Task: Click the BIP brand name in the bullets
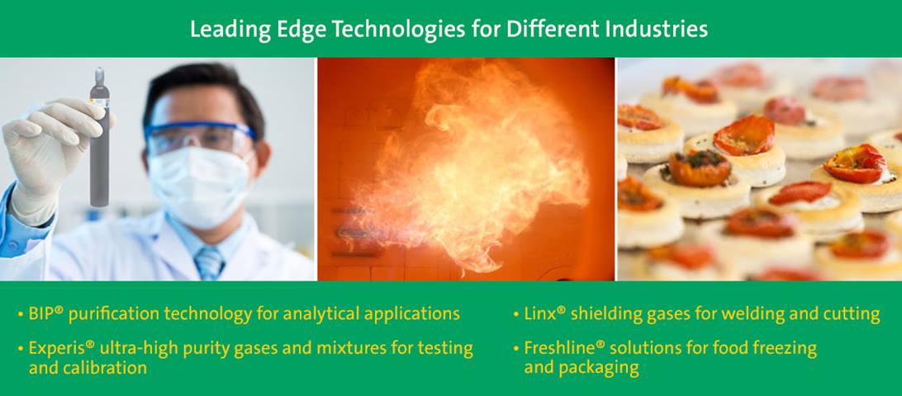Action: [x=41, y=313]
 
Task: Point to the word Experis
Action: [x=58, y=349]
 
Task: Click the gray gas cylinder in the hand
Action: [x=99, y=137]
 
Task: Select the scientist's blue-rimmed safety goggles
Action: [x=198, y=139]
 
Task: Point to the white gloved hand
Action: [x=52, y=155]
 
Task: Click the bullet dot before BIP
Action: [x=21, y=315]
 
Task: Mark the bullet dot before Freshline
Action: [x=516, y=349]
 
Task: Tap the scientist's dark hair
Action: [x=202, y=92]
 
